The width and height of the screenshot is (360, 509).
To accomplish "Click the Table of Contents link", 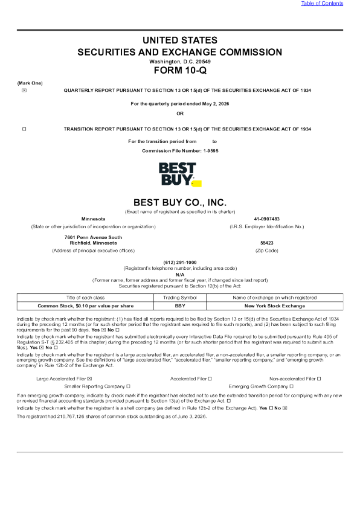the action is pos(322,3).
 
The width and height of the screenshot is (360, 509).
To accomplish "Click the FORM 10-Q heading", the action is pos(180,71).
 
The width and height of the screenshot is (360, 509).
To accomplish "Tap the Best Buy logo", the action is pos(180,174).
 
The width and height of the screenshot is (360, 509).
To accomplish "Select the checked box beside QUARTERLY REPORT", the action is pos(24,90).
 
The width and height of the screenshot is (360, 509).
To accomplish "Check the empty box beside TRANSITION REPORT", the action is pos(24,129).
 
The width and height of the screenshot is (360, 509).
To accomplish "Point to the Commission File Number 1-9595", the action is pos(180,151).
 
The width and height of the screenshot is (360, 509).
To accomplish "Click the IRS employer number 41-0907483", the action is pos(267,219).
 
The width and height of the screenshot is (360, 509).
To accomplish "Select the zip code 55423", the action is pos(267,243).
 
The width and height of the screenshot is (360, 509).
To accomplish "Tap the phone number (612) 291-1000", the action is pos(180,262).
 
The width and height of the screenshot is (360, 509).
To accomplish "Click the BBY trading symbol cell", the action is pos(180,306).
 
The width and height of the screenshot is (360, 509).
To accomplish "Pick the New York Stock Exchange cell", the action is pos(275,306).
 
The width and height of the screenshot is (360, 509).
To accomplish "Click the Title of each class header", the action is pos(85,298).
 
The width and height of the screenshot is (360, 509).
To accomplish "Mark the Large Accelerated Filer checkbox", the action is pos(89,379).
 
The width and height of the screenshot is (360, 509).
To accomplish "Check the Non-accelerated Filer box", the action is pos(319,379).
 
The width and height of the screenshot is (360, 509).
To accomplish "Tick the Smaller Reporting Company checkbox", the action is pos(128,386).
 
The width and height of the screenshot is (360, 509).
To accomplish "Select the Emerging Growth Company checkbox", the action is pos(292,386).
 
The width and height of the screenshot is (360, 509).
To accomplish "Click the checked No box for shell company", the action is pos(285,408).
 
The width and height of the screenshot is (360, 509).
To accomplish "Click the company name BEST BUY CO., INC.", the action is pos(180,202).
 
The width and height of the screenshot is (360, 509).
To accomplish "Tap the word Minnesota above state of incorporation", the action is pos(93,219).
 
